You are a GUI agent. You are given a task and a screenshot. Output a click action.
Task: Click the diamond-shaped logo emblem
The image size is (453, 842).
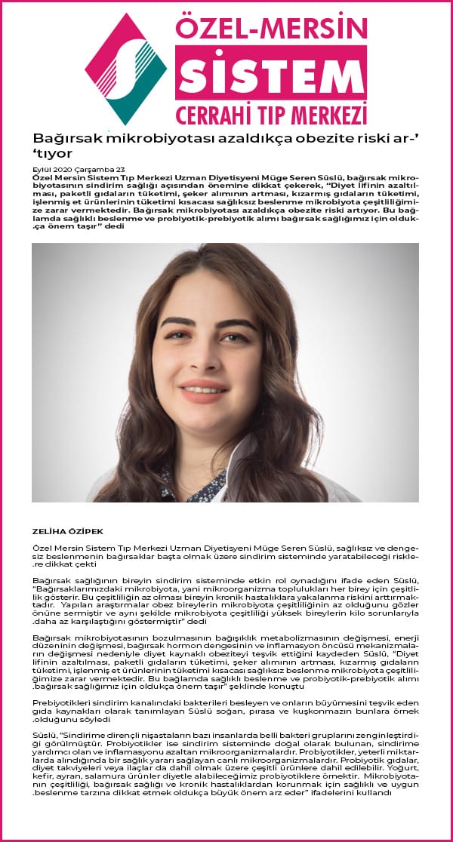126,69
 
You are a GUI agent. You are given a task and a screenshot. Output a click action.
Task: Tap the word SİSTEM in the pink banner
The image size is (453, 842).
270,73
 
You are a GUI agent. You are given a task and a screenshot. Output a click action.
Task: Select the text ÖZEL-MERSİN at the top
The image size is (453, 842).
270,28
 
